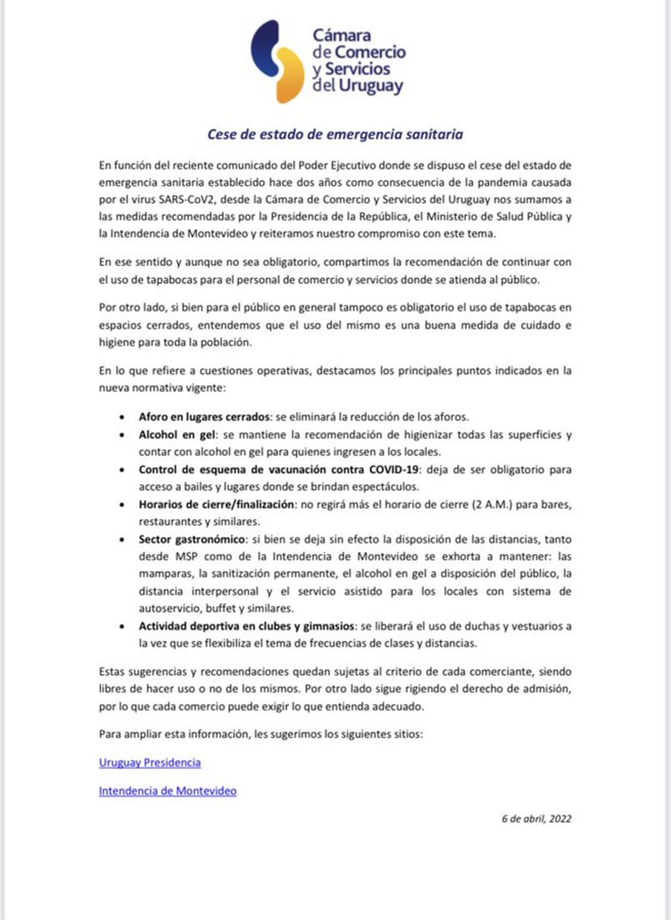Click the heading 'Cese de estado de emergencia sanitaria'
(x=335, y=134)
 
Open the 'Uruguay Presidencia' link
(x=150, y=762)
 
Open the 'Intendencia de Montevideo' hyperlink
(x=168, y=791)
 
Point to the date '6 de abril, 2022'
(x=536, y=819)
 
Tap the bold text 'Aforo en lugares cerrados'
(x=204, y=417)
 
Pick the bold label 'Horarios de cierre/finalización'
(x=216, y=504)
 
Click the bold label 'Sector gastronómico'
(x=192, y=539)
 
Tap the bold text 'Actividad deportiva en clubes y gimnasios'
(x=247, y=626)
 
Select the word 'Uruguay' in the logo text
(x=371, y=86)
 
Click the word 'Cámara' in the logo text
(x=342, y=35)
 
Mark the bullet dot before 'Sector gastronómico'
(x=122, y=540)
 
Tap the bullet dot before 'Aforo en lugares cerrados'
(x=122, y=417)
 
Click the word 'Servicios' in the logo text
(x=357, y=69)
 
